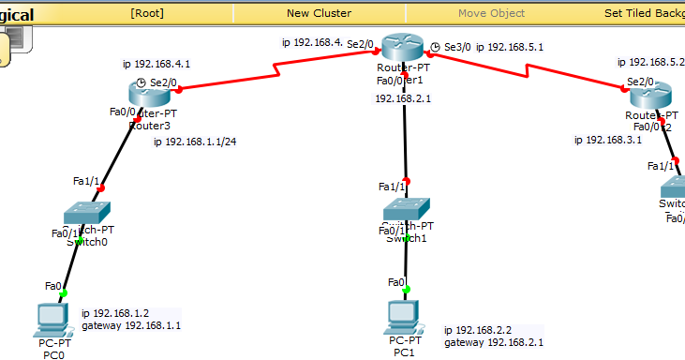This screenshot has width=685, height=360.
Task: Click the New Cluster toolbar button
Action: (x=319, y=13)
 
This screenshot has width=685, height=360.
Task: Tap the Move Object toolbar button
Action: (x=491, y=13)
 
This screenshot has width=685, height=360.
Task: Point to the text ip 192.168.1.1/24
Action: (x=193, y=142)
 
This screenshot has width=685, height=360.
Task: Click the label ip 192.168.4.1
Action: (x=156, y=65)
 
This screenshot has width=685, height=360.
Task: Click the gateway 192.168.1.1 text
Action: (x=131, y=325)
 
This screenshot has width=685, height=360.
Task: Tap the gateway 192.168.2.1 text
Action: (x=493, y=342)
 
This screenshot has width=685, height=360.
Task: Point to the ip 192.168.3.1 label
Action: (x=608, y=140)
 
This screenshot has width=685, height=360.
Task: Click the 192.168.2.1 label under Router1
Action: (x=404, y=97)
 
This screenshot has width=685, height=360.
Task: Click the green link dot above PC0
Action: (x=64, y=293)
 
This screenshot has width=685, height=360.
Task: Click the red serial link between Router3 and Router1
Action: (x=277, y=68)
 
